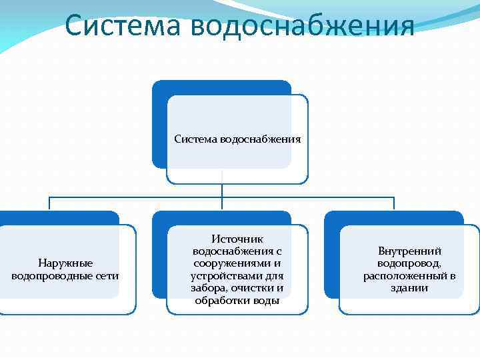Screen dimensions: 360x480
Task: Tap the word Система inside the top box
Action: coord(195,139)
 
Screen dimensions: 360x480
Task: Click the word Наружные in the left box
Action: coord(65,264)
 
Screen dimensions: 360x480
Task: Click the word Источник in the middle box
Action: coord(237,239)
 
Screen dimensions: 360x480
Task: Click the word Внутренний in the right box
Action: coord(409,251)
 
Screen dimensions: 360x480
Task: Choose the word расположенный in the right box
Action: coord(403,276)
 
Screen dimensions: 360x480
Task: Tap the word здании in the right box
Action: coord(409,288)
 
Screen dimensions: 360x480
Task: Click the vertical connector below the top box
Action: coord(221,191)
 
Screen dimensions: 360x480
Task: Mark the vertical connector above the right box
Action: coord(394,204)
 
